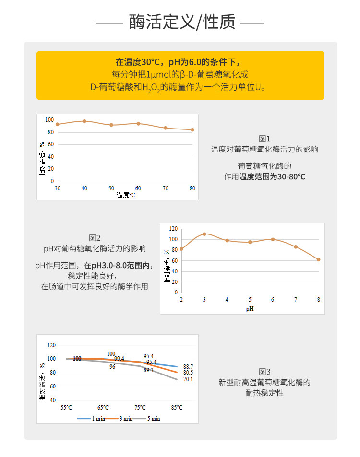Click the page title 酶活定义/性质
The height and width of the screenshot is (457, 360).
(180, 22)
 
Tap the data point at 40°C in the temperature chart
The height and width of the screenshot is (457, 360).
(84, 121)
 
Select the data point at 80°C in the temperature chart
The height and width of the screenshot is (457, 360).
(192, 129)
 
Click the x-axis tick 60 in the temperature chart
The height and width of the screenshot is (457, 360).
(138, 188)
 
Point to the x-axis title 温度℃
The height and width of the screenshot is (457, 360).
(126, 195)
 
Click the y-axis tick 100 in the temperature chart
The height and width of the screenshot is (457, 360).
(49, 120)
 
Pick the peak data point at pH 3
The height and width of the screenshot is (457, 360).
(204, 234)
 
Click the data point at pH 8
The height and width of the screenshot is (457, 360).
(318, 259)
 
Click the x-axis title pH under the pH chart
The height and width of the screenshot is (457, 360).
(250, 309)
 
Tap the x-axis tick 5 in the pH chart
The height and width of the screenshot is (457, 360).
(250, 299)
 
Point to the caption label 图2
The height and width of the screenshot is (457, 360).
(95, 238)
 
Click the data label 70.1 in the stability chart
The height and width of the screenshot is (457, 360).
(188, 379)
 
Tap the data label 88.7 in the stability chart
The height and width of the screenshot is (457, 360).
(188, 366)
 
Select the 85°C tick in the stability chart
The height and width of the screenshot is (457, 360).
(177, 408)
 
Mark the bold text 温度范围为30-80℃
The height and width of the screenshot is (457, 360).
(272, 176)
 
